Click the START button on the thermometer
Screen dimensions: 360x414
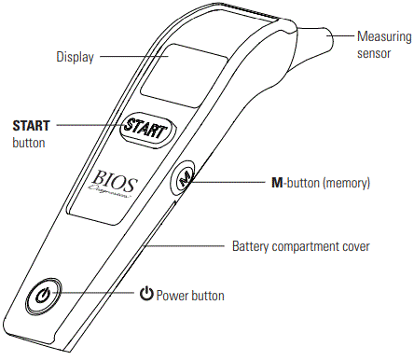coord(150,128)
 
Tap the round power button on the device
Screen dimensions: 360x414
coord(45,299)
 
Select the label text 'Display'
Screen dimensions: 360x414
coord(74,57)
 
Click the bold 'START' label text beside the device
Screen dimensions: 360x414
coord(32,124)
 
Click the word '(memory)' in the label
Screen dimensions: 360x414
coord(347,185)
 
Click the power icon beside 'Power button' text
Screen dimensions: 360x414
coord(145,295)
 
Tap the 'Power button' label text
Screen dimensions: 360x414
coord(191,296)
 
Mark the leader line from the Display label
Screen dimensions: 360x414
coord(131,57)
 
